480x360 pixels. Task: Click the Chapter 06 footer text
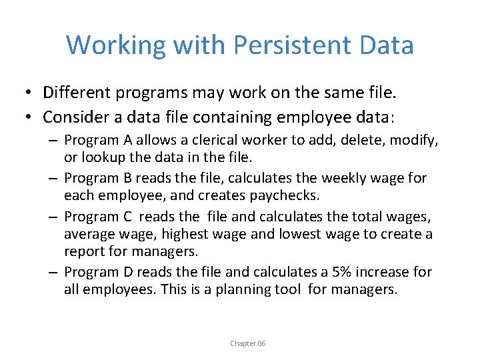[x=248, y=343]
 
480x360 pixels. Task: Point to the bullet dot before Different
[x=29, y=91]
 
